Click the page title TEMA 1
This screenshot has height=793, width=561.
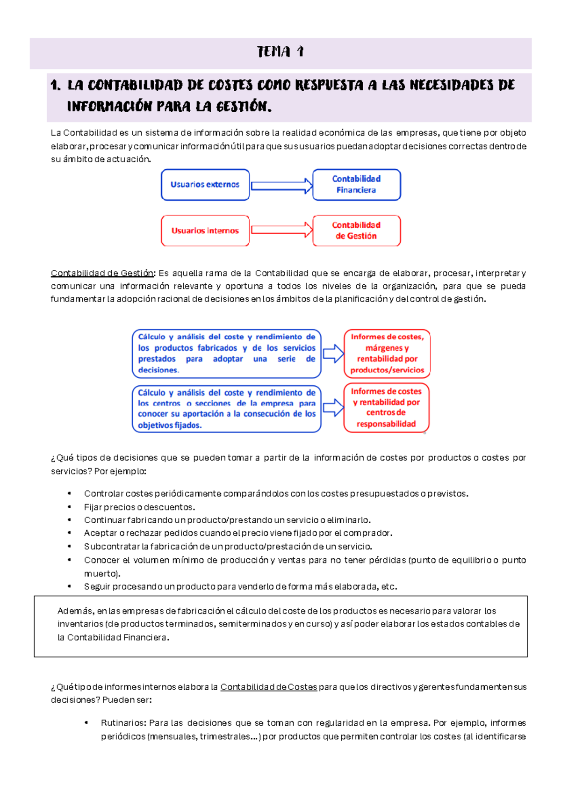(280, 51)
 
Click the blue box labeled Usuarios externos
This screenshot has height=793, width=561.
(205, 185)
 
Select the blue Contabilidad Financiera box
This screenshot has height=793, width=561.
(356, 185)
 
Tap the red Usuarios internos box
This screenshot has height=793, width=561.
(205, 231)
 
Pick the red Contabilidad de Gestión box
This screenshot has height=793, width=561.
(356, 231)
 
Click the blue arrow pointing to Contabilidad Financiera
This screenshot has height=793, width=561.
(281, 186)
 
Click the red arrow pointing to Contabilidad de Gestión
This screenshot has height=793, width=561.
(281, 230)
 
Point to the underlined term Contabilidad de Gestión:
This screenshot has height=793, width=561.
(102, 273)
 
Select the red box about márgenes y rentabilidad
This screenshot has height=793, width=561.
(387, 353)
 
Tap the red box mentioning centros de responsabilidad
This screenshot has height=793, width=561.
(386, 408)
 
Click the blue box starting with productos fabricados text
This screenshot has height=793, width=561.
(227, 353)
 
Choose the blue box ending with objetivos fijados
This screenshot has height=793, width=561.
(227, 409)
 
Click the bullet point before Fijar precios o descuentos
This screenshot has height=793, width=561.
(69, 507)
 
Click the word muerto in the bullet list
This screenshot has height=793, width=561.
(101, 574)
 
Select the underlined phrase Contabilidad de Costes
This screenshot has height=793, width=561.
(268, 687)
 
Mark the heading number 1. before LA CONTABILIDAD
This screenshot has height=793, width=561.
(55, 86)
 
